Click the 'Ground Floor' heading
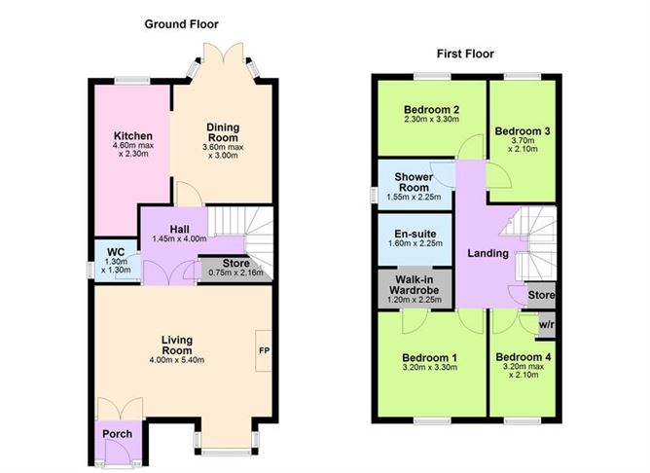tap(181, 23)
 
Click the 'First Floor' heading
tap(467, 55)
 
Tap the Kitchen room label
tap(131, 135)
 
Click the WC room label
tap(116, 252)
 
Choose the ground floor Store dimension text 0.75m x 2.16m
tap(235, 273)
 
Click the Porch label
tap(117, 433)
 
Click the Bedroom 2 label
tap(432, 110)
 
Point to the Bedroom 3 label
tap(522, 129)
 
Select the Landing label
tap(487, 253)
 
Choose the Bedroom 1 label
tap(430, 356)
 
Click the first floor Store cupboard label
tap(542, 295)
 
